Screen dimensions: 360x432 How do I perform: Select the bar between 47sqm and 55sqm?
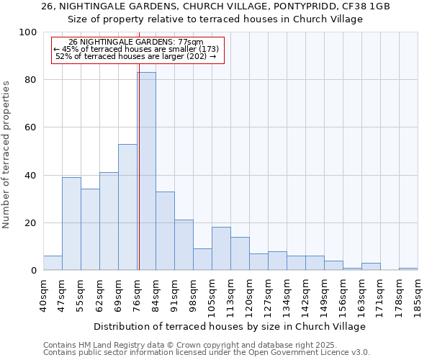(71, 224)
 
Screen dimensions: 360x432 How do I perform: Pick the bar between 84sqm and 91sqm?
(165, 231)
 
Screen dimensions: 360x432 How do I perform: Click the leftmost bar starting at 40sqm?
(53, 264)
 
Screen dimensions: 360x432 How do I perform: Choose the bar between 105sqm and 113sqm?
(221, 249)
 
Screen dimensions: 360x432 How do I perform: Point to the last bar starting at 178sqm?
(408, 269)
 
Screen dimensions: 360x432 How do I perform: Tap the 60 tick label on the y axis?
(31, 127)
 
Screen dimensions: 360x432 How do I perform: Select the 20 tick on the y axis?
(31, 223)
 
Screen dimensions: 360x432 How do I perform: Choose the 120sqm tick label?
(249, 294)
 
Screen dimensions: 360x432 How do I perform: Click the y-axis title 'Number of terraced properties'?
(6, 154)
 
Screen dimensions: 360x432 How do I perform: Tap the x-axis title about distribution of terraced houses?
(230, 326)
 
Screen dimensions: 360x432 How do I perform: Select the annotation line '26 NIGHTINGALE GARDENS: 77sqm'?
(136, 42)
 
